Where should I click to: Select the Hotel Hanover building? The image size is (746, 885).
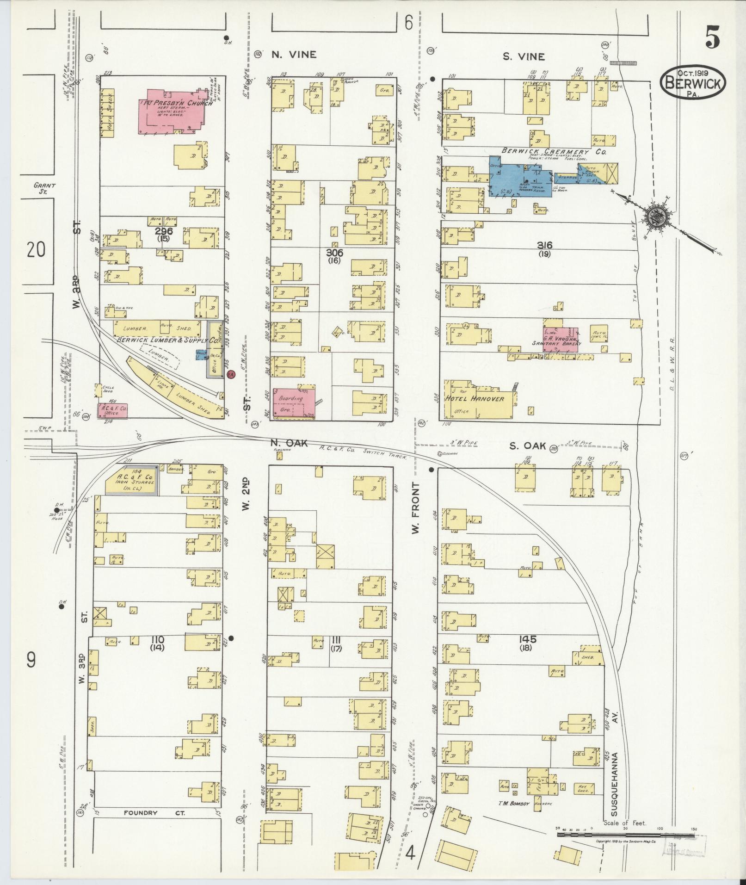click(x=476, y=399)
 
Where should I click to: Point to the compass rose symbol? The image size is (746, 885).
click(x=656, y=216)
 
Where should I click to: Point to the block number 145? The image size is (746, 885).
click(x=527, y=639)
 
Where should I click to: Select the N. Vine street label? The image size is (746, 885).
click(x=294, y=55)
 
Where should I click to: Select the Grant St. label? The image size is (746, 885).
click(x=44, y=188)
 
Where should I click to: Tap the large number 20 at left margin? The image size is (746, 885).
click(x=36, y=250)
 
